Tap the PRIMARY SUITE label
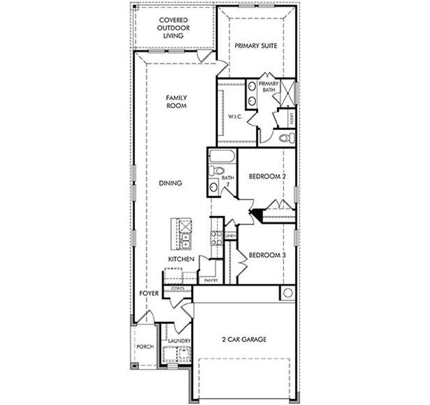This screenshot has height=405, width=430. pyautogui.click(x=256, y=46)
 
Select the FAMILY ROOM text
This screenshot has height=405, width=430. pyautogui.click(x=176, y=102)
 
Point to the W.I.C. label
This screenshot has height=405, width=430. pyautogui.click(x=235, y=117)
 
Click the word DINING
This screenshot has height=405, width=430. pyautogui.click(x=170, y=184)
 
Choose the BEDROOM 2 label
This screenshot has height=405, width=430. pyautogui.click(x=267, y=177)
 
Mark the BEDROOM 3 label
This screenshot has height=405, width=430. pyautogui.click(x=267, y=255)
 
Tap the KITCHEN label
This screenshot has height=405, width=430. pyautogui.click(x=181, y=259)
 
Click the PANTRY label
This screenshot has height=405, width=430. pyautogui.click(x=211, y=281)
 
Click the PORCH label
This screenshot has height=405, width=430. pyautogui.click(x=145, y=347)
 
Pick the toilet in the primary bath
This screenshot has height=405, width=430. pyautogui.click(x=286, y=138)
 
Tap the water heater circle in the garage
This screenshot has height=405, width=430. pyautogui.click(x=288, y=293)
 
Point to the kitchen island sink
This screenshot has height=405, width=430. pyautogui.click(x=186, y=240)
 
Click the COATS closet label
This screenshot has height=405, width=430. pyautogui.click(x=177, y=288)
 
